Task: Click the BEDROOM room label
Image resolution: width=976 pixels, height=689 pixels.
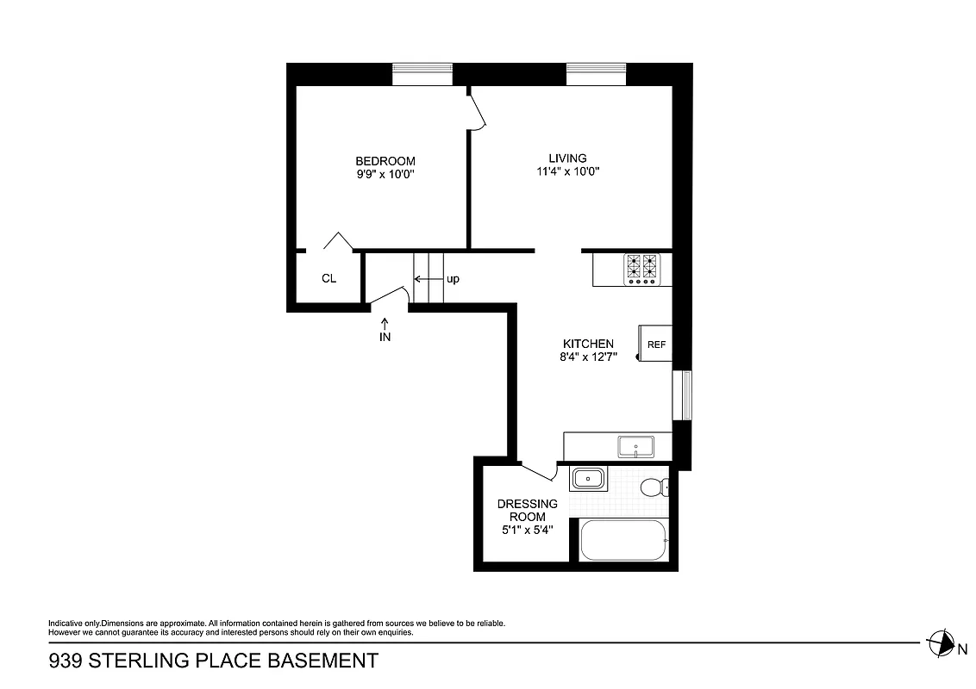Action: click(385, 161)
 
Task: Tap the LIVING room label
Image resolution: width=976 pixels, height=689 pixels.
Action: click(567, 158)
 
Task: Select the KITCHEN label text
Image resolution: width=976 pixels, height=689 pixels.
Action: click(588, 344)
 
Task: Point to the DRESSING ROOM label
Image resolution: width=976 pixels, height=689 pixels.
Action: click(527, 510)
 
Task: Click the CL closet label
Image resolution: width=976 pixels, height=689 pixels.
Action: click(328, 278)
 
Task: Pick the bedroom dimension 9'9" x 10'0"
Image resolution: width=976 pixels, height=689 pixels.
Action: click(385, 174)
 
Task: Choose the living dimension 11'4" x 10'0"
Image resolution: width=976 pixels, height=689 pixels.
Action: click(567, 171)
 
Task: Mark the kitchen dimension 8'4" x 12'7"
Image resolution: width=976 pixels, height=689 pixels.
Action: click(588, 357)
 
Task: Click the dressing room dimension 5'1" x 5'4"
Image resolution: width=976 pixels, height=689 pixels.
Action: click(527, 530)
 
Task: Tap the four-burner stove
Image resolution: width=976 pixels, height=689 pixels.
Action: click(641, 269)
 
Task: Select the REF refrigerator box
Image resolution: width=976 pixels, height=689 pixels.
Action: click(655, 344)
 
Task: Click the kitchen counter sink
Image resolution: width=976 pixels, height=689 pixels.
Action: click(635, 447)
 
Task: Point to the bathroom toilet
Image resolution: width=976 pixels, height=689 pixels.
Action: click(654, 488)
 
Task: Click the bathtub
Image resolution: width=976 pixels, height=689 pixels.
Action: click(623, 540)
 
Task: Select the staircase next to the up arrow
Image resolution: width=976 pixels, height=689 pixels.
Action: click(429, 278)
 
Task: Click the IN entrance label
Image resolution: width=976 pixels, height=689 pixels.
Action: click(385, 337)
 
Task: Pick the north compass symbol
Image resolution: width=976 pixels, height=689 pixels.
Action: click(939, 642)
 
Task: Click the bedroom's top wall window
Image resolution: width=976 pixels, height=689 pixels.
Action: click(422, 74)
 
